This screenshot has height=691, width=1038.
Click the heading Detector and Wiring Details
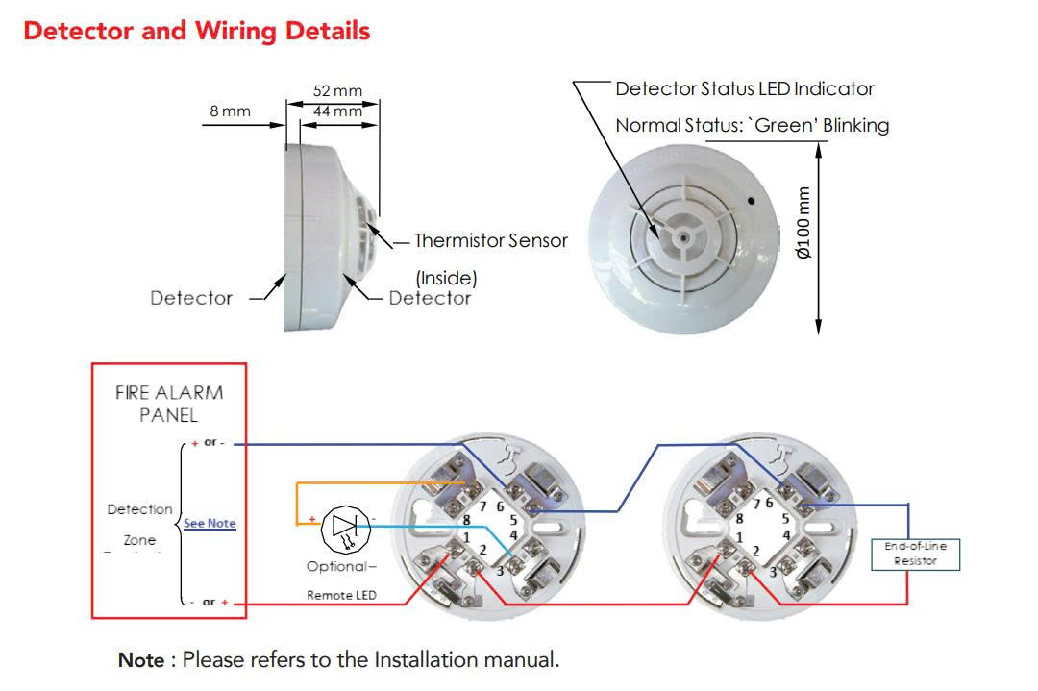(x=196, y=31)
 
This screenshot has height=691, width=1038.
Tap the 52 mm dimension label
(x=337, y=91)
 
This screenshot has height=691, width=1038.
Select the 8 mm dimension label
(x=230, y=111)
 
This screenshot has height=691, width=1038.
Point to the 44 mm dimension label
(x=337, y=111)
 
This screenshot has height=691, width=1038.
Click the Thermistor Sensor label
(x=490, y=240)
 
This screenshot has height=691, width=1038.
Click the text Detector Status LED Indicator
(x=745, y=89)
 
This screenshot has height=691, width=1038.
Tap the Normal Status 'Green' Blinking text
(x=752, y=125)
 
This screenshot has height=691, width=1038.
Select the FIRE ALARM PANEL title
(x=169, y=404)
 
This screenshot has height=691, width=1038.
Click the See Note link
(x=210, y=524)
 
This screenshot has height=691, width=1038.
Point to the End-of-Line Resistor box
(x=915, y=553)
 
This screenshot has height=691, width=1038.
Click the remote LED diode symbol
(x=343, y=525)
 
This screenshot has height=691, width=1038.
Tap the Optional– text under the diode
(x=341, y=566)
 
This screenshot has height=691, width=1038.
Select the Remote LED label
(x=341, y=596)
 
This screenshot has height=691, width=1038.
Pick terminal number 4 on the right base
(x=785, y=534)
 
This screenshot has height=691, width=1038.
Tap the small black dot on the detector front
(x=753, y=203)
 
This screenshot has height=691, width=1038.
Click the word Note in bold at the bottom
(x=140, y=661)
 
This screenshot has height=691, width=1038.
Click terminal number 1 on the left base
(x=466, y=537)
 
